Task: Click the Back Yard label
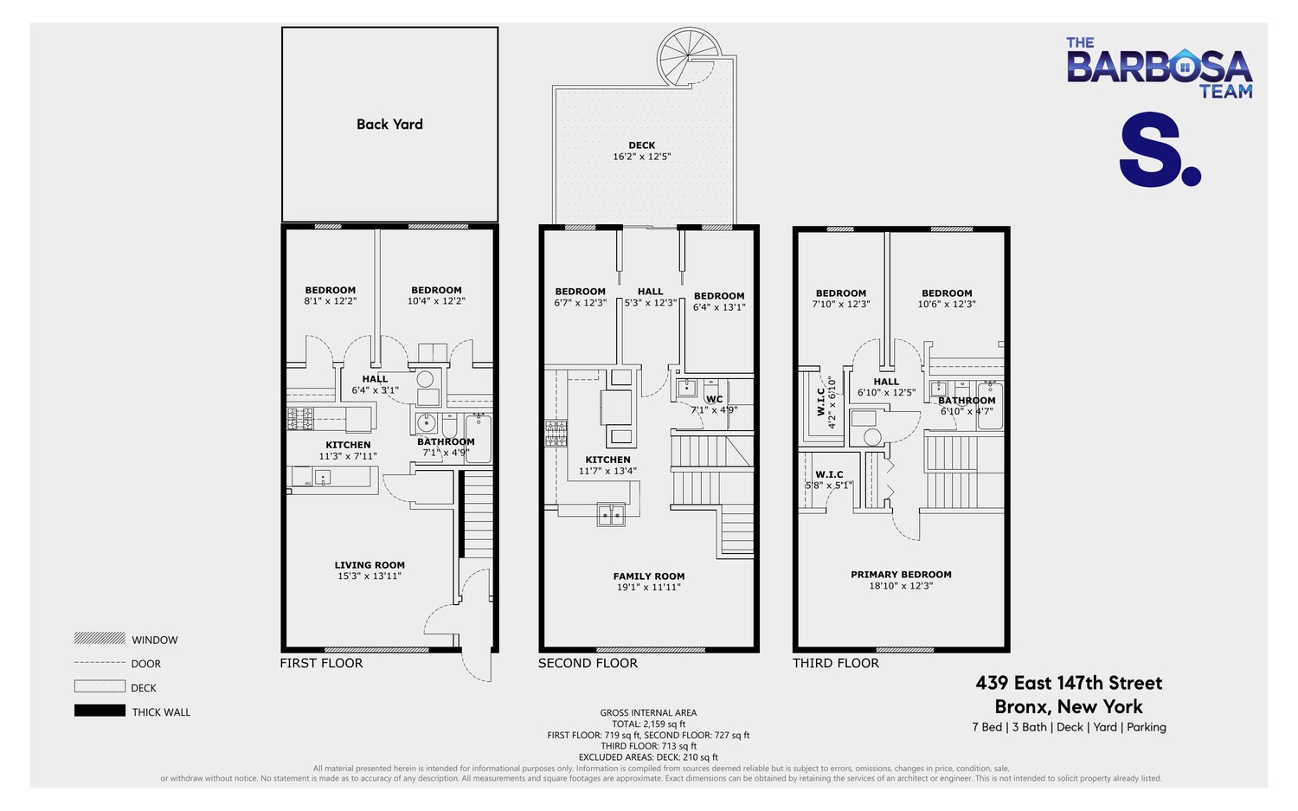[389, 124]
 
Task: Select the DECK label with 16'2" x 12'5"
[642, 145]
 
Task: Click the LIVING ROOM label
[369, 565]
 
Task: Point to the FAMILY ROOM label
[648, 576]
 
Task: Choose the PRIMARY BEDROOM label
[901, 575]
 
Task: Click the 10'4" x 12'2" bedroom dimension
[436, 301]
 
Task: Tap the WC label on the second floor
[714, 400]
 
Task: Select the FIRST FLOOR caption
[321, 663]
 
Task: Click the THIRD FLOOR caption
[835, 663]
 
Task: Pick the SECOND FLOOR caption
[588, 663]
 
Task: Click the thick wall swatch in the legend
[100, 711]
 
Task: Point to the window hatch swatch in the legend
[100, 638]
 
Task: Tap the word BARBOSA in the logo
[1159, 67]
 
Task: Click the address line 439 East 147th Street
[1069, 683]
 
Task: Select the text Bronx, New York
[1069, 706]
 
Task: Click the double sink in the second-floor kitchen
[611, 515]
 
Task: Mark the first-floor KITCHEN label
[348, 445]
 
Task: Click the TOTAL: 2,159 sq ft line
[648, 724]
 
